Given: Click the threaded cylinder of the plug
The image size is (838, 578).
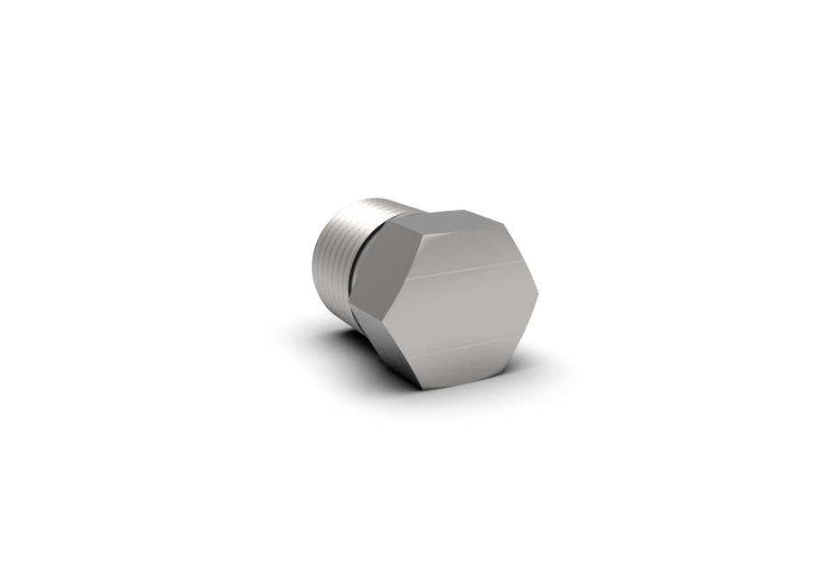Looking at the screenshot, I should click(x=339, y=253).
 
